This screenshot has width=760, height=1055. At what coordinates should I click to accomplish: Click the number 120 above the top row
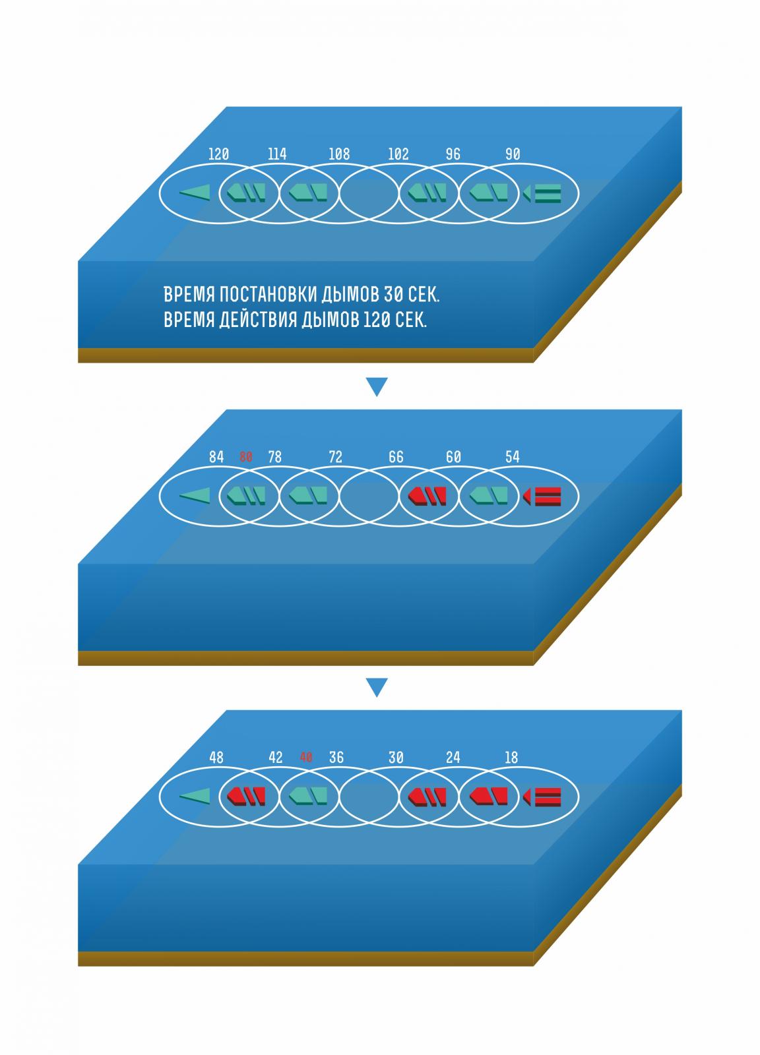click(x=218, y=154)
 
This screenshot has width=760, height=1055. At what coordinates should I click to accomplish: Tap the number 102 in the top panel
click(x=398, y=154)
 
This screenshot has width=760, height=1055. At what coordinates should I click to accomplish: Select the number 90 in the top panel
click(x=513, y=154)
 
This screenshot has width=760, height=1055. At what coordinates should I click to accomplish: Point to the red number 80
click(x=246, y=456)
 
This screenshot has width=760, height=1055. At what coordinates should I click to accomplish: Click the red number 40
click(x=306, y=757)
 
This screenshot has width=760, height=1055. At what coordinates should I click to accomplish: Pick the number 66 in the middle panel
click(x=396, y=457)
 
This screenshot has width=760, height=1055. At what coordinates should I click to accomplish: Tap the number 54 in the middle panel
click(x=512, y=456)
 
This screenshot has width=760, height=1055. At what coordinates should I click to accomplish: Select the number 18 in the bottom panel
click(x=511, y=758)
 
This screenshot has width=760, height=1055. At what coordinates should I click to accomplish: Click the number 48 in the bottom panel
click(x=216, y=758)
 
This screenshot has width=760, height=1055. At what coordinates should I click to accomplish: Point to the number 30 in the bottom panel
click(x=396, y=758)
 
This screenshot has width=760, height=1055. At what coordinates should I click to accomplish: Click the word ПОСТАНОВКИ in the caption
click(x=268, y=294)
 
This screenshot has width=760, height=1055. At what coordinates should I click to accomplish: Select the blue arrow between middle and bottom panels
click(x=377, y=687)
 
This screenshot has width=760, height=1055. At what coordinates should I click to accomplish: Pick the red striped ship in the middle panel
click(x=542, y=497)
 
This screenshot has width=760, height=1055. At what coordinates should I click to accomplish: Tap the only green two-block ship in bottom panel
click(x=307, y=797)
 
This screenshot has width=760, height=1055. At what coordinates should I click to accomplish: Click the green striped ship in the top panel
click(x=542, y=194)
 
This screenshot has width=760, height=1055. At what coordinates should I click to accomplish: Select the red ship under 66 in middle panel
click(x=427, y=497)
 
